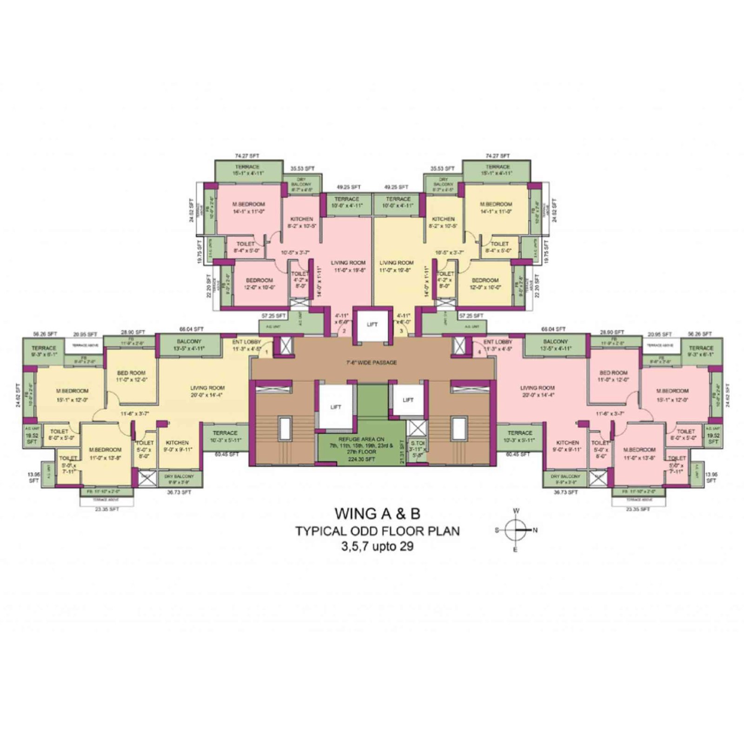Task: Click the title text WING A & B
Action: (377, 514)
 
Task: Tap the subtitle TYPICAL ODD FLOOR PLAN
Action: (378, 531)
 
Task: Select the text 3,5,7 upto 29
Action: (377, 546)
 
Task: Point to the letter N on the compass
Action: (535, 530)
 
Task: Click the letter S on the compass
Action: (497, 530)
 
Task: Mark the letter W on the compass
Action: (516, 511)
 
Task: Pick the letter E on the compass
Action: (516, 550)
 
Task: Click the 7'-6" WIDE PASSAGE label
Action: (372, 362)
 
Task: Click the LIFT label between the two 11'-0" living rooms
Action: (372, 325)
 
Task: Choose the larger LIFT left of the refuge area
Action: (336, 407)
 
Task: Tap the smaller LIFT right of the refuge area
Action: (408, 400)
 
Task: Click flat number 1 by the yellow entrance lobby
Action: (266, 352)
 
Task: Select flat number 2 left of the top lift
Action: (344, 332)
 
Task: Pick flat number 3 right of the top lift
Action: (401, 332)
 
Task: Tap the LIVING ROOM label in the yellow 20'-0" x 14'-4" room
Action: (207, 387)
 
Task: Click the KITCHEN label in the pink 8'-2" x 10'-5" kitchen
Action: (301, 219)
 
